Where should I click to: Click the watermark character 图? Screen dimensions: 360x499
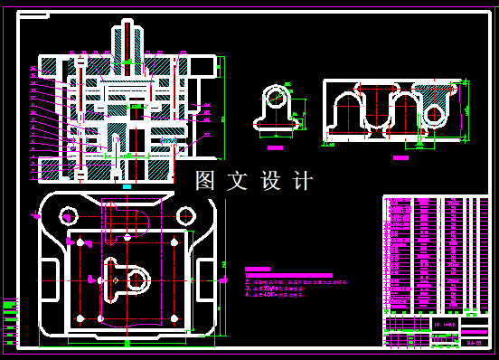coord(207,181)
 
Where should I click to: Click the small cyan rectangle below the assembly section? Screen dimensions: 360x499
coord(127,186)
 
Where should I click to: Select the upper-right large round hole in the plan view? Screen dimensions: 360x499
coord(185,215)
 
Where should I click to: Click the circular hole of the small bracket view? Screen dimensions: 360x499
coord(276,96)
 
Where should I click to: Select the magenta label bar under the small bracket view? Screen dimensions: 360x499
coord(276,146)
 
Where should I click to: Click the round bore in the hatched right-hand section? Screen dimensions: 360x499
coord(434,114)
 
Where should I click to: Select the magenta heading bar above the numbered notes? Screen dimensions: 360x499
coord(259,269)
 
